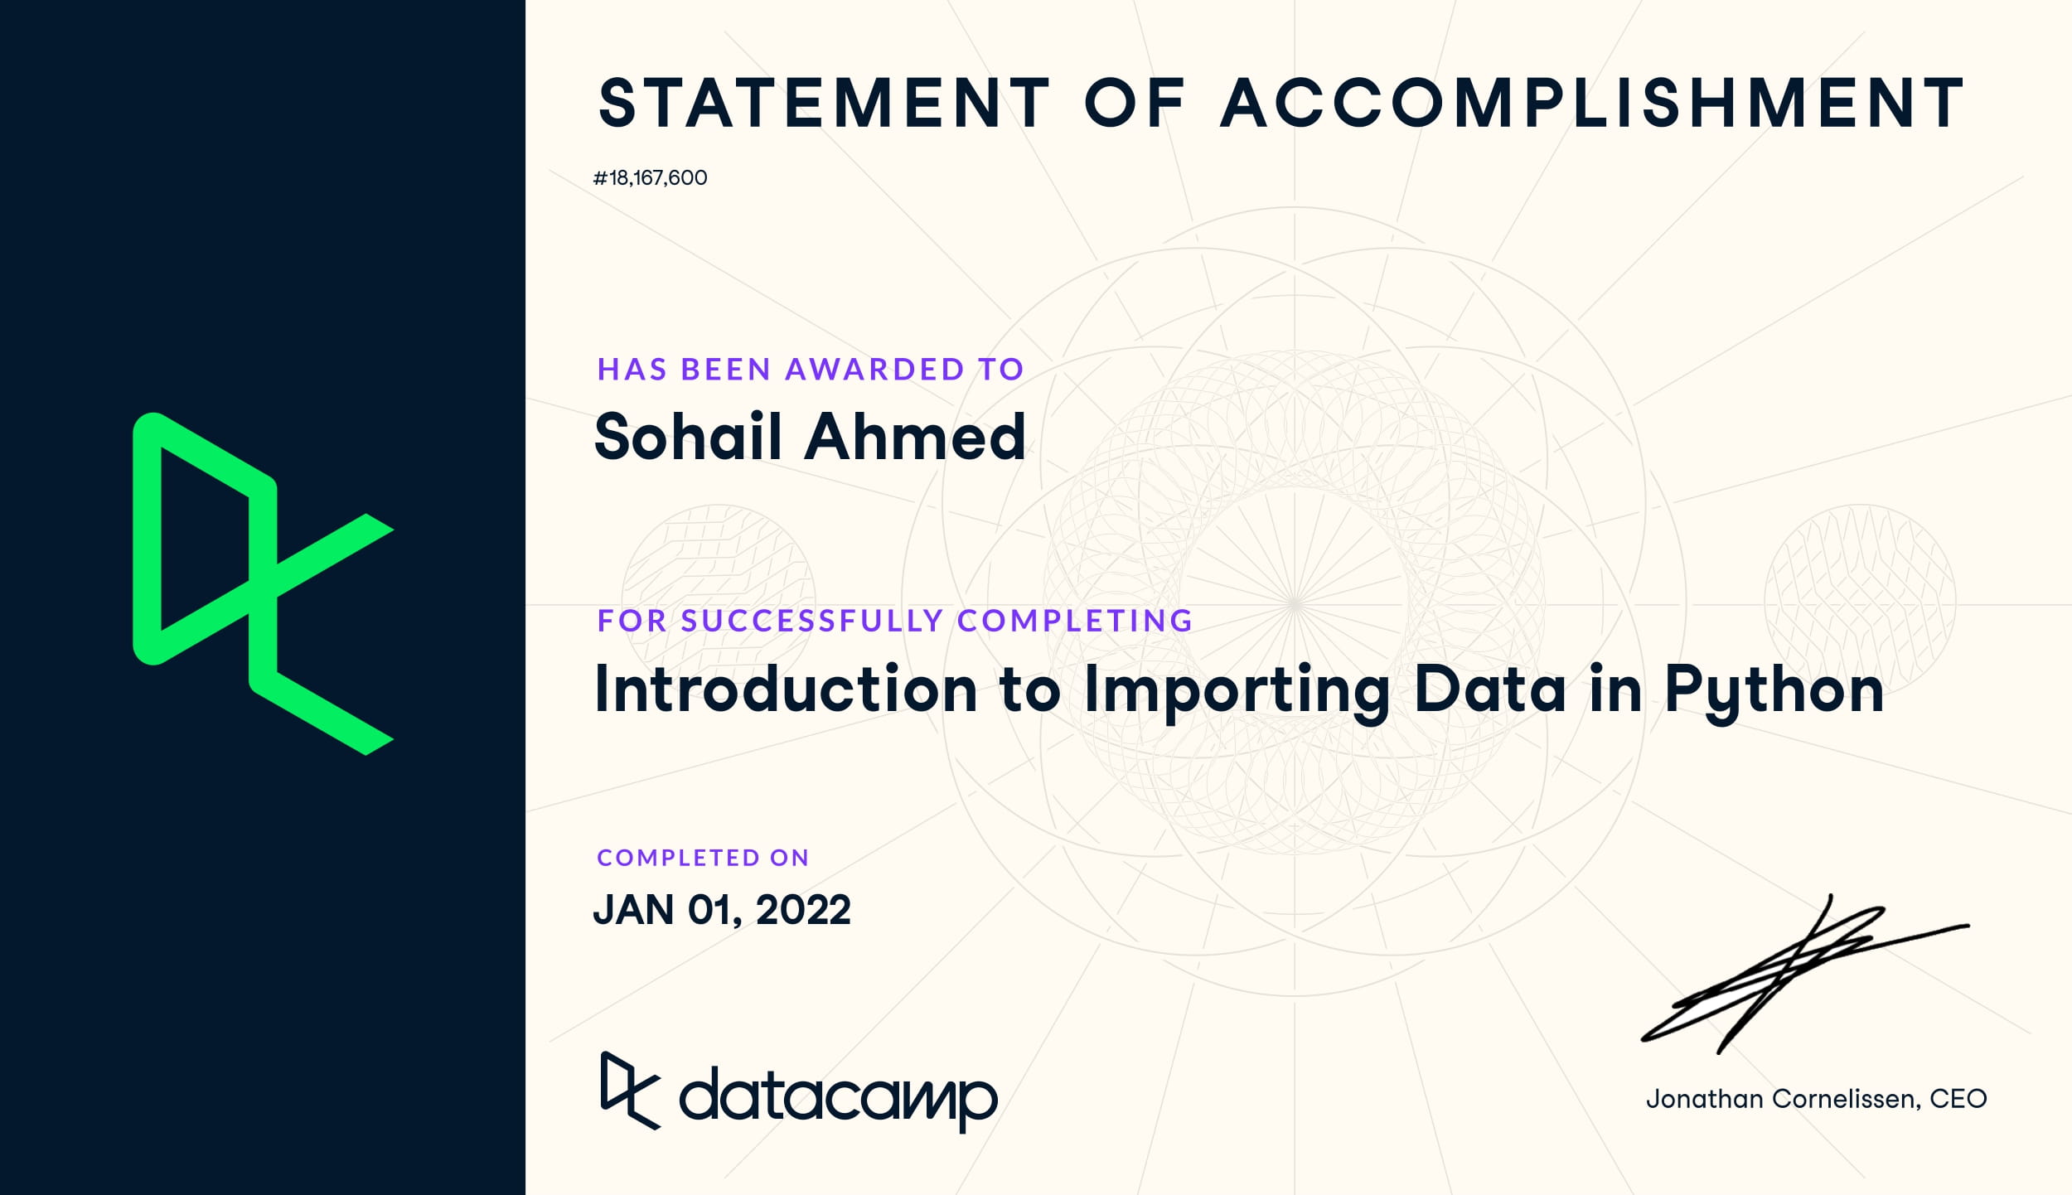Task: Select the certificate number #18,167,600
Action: pyautogui.click(x=651, y=178)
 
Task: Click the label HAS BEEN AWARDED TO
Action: pyautogui.click(x=811, y=370)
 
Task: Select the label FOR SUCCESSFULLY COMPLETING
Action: pyautogui.click(x=895, y=621)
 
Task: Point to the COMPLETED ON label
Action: pyautogui.click(x=703, y=858)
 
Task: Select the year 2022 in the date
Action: pyautogui.click(x=803, y=910)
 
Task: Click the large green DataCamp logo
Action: pyautogui.click(x=263, y=584)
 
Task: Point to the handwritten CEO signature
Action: pyautogui.click(x=1805, y=975)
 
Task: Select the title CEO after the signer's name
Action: pyautogui.click(x=1958, y=1099)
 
